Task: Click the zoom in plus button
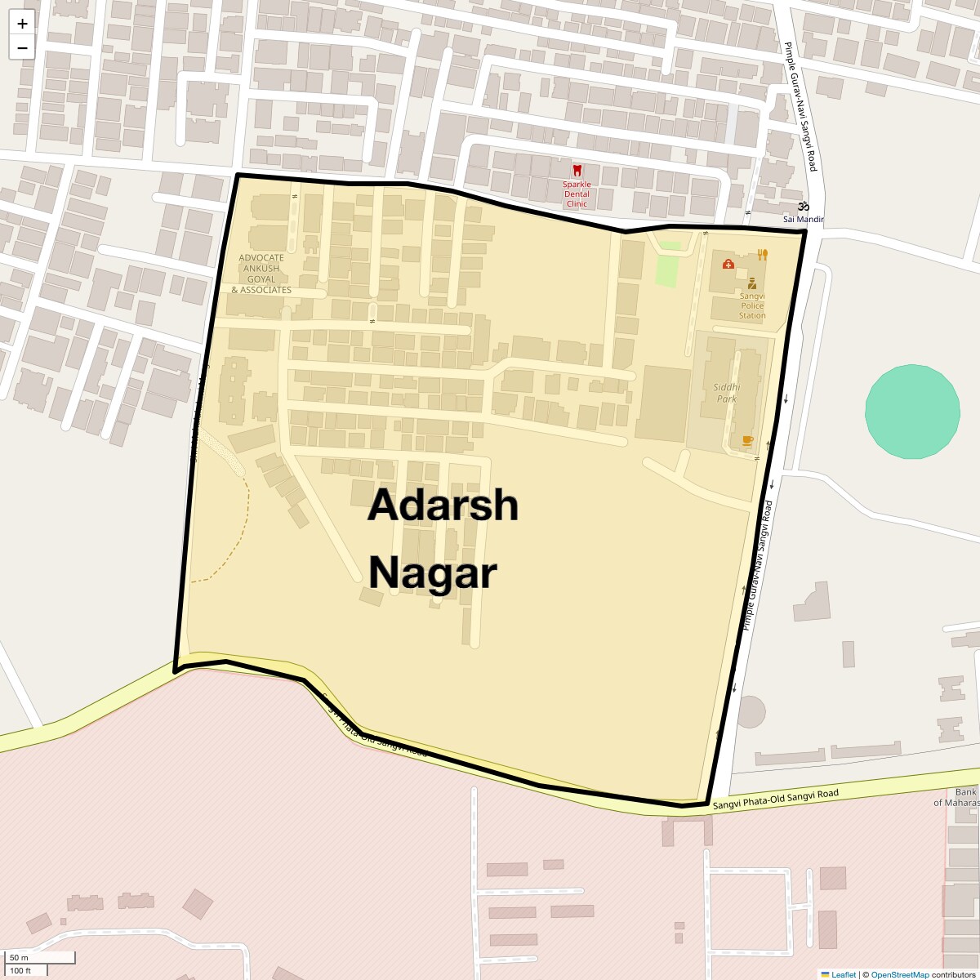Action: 22,24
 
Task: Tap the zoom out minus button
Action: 22,47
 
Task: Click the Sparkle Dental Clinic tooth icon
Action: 577,171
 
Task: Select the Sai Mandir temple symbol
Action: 804,207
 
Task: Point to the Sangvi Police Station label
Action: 752,305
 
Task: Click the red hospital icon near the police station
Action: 728,264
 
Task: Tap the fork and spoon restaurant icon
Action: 763,254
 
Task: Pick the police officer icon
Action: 751,283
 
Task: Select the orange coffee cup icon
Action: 747,441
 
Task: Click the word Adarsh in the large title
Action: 443,506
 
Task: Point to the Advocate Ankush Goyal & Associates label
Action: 261,274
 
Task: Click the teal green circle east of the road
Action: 912,412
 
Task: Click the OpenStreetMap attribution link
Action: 899,974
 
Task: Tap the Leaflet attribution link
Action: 844,974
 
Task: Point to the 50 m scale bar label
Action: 20,957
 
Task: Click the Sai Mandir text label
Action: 804,220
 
